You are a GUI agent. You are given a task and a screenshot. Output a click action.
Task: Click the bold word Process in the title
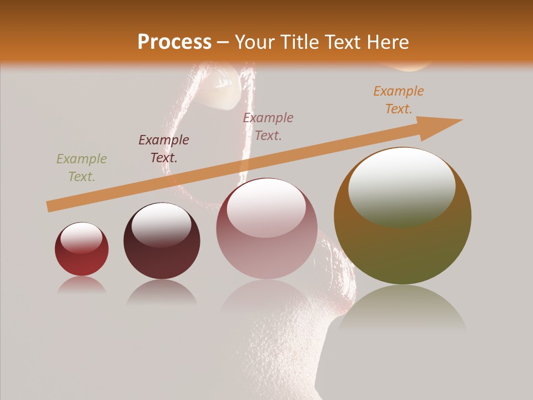point(174,42)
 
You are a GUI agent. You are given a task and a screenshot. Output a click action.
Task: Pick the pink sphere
point(266,228)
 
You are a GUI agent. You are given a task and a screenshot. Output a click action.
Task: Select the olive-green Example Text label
point(82,168)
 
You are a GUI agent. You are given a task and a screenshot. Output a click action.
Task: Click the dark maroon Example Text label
point(164,149)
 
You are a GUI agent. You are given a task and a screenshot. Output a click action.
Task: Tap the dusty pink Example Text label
point(268,127)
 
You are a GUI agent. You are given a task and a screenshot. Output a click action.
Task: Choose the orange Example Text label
point(399,100)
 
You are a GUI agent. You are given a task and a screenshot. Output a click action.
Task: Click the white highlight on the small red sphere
point(82,238)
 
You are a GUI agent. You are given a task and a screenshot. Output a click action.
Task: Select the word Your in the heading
point(254,42)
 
